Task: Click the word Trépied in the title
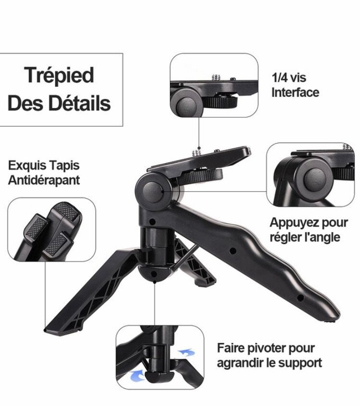[59, 75]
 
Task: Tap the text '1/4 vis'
[288, 78]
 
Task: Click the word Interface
[295, 92]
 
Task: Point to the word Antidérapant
[44, 180]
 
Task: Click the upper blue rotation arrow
[186, 353]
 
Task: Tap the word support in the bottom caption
[302, 362]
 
